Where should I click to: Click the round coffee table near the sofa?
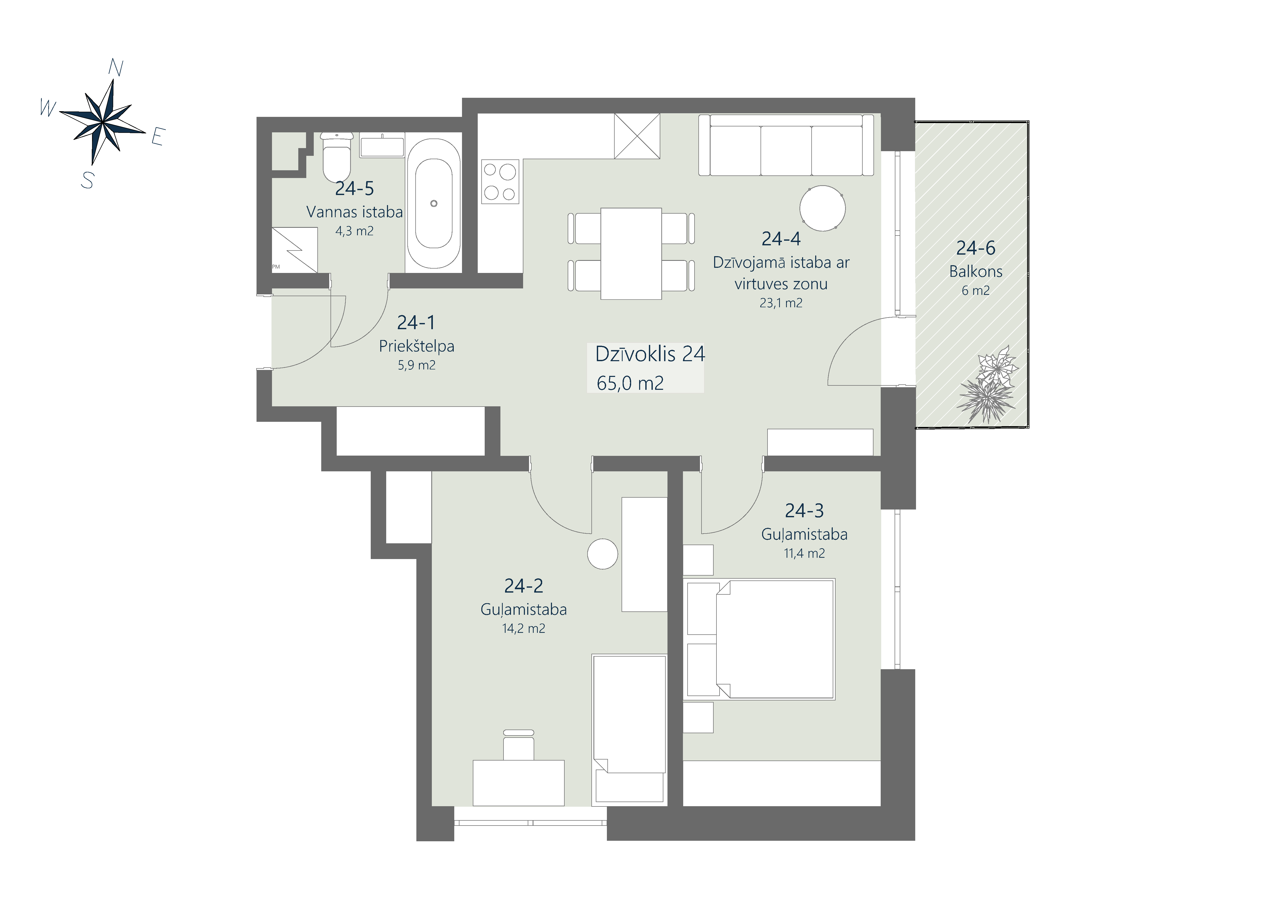coord(822,208)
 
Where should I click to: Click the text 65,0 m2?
coord(630,383)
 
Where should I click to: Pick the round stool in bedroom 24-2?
coord(603,554)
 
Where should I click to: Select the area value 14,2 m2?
coord(524,629)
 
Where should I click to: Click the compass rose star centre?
coord(103,122)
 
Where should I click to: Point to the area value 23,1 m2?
coord(781,303)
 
